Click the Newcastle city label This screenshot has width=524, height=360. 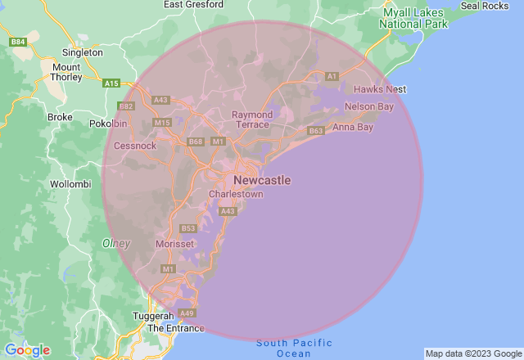point(261,180)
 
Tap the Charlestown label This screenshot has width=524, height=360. point(236,195)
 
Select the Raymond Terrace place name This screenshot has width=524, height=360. point(252,119)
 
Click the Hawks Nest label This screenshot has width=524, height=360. point(379,89)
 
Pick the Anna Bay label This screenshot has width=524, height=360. point(353,127)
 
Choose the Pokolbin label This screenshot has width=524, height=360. point(108,124)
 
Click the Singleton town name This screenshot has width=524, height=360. point(82,52)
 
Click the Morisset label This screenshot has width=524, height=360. point(174,244)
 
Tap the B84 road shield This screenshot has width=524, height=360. point(17,41)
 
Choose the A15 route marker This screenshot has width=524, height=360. point(112,83)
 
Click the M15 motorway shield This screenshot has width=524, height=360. point(161,123)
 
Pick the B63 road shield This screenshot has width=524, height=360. point(316,131)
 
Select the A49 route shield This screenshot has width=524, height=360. point(187,313)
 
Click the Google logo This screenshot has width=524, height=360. point(26,349)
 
